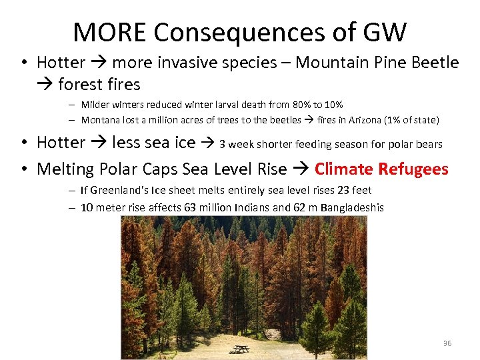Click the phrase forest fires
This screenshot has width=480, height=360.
click(99, 85)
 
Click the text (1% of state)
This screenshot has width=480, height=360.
click(416, 120)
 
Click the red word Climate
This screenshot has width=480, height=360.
click(344, 169)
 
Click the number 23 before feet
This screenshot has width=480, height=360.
click(344, 190)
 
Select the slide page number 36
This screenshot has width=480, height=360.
click(447, 343)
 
